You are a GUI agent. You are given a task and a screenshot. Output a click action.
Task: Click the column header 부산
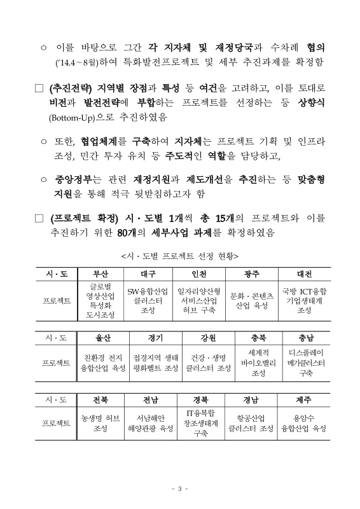pos(101,274)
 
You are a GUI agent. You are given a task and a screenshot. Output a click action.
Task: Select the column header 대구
pos(148,274)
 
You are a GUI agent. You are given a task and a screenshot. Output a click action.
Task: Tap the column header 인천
pos(198,274)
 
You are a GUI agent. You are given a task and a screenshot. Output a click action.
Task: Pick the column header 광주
pos(251,274)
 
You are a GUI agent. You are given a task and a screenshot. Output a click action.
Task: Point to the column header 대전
pos(304,274)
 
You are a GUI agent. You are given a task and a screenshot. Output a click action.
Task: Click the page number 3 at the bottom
pos(180,489)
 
